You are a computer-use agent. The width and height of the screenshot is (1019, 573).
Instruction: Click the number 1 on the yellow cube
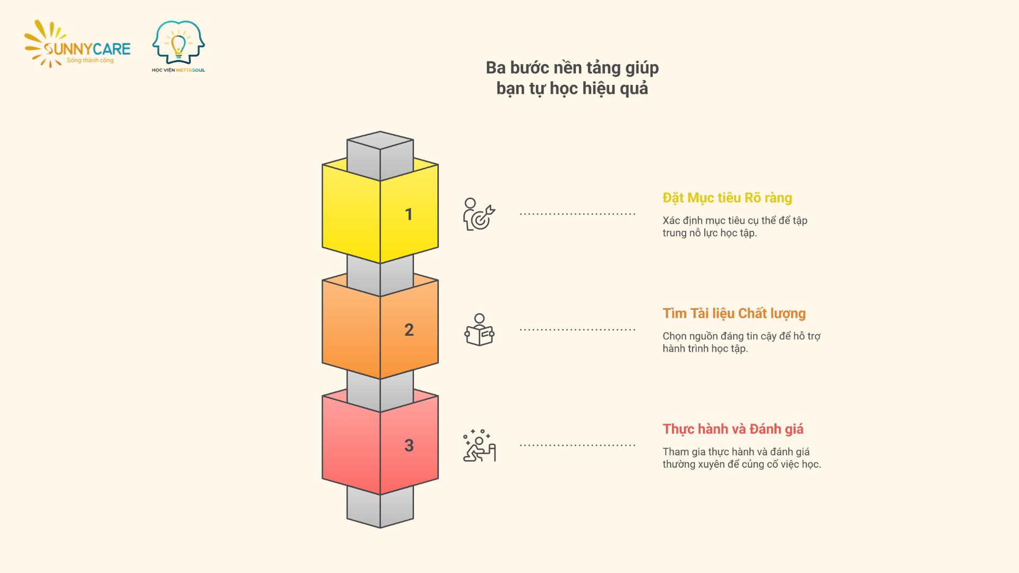click(x=409, y=214)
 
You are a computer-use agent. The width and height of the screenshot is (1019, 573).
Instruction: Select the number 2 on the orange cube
click(x=409, y=330)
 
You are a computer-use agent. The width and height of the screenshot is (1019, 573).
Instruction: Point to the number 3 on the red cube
click(x=409, y=446)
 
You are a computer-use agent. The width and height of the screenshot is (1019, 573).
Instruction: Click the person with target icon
click(x=479, y=214)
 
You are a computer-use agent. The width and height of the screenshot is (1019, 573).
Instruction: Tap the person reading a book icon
click(x=479, y=330)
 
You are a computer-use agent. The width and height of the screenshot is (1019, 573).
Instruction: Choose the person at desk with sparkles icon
click(x=479, y=446)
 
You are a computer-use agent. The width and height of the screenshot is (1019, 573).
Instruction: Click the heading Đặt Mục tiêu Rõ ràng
click(x=727, y=198)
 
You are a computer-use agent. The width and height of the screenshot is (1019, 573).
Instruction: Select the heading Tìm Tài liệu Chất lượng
click(x=734, y=314)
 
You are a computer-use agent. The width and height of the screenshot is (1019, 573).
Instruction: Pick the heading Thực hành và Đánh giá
click(x=733, y=429)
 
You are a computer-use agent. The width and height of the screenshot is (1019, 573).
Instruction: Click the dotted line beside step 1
click(x=577, y=214)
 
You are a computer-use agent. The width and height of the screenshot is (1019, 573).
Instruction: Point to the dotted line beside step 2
click(x=577, y=329)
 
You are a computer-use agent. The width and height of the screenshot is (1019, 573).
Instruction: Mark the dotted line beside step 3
click(x=577, y=445)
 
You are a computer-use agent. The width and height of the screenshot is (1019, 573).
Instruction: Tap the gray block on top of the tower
click(x=380, y=154)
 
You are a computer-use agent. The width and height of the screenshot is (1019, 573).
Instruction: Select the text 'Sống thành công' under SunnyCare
click(x=90, y=60)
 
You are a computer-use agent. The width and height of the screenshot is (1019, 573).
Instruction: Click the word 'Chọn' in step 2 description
click(x=675, y=336)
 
